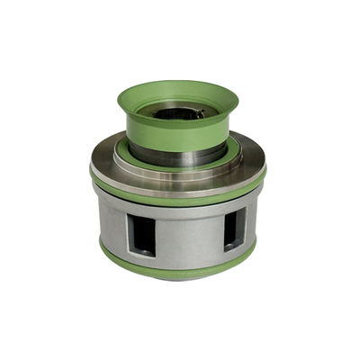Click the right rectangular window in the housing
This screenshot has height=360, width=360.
click(233, 229)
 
